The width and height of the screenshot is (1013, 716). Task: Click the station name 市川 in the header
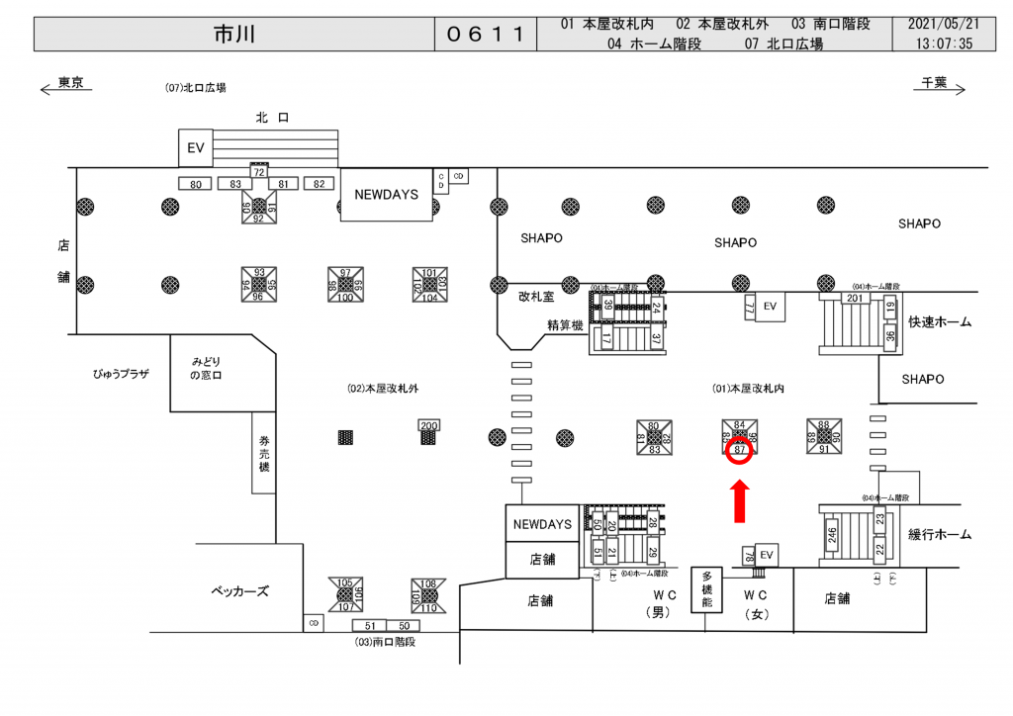(233, 35)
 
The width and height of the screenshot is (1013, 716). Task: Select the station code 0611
(485, 35)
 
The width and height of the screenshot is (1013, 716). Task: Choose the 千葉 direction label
(935, 83)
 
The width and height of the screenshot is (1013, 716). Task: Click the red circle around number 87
(740, 451)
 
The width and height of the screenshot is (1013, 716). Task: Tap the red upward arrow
(739, 501)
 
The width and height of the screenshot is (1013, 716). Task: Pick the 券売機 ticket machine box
(264, 452)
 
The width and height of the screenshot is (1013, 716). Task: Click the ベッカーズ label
(240, 591)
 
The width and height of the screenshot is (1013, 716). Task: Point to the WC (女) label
(756, 602)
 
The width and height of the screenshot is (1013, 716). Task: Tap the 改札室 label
(536, 295)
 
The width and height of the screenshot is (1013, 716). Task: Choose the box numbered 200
(428, 425)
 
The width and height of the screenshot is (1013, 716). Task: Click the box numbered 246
(833, 536)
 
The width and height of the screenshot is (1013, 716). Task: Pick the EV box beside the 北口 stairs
(196, 148)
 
